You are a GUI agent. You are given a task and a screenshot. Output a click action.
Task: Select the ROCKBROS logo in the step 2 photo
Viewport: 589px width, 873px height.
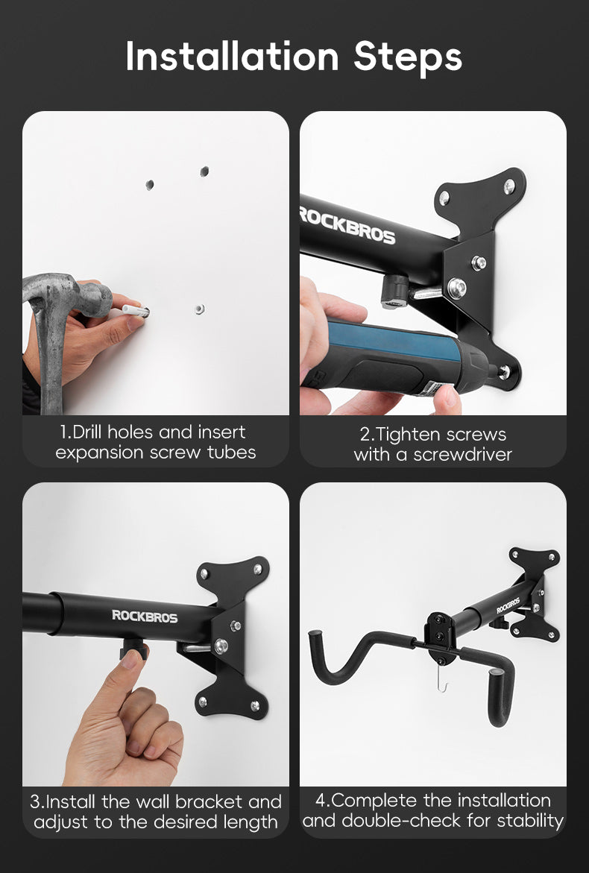(347, 224)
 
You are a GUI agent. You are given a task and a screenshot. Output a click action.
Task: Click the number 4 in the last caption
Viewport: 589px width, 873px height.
(321, 801)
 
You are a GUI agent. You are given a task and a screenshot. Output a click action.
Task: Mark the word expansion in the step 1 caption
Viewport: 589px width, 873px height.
(96, 453)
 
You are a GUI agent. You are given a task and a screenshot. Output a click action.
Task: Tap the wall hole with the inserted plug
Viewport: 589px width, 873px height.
(198, 308)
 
